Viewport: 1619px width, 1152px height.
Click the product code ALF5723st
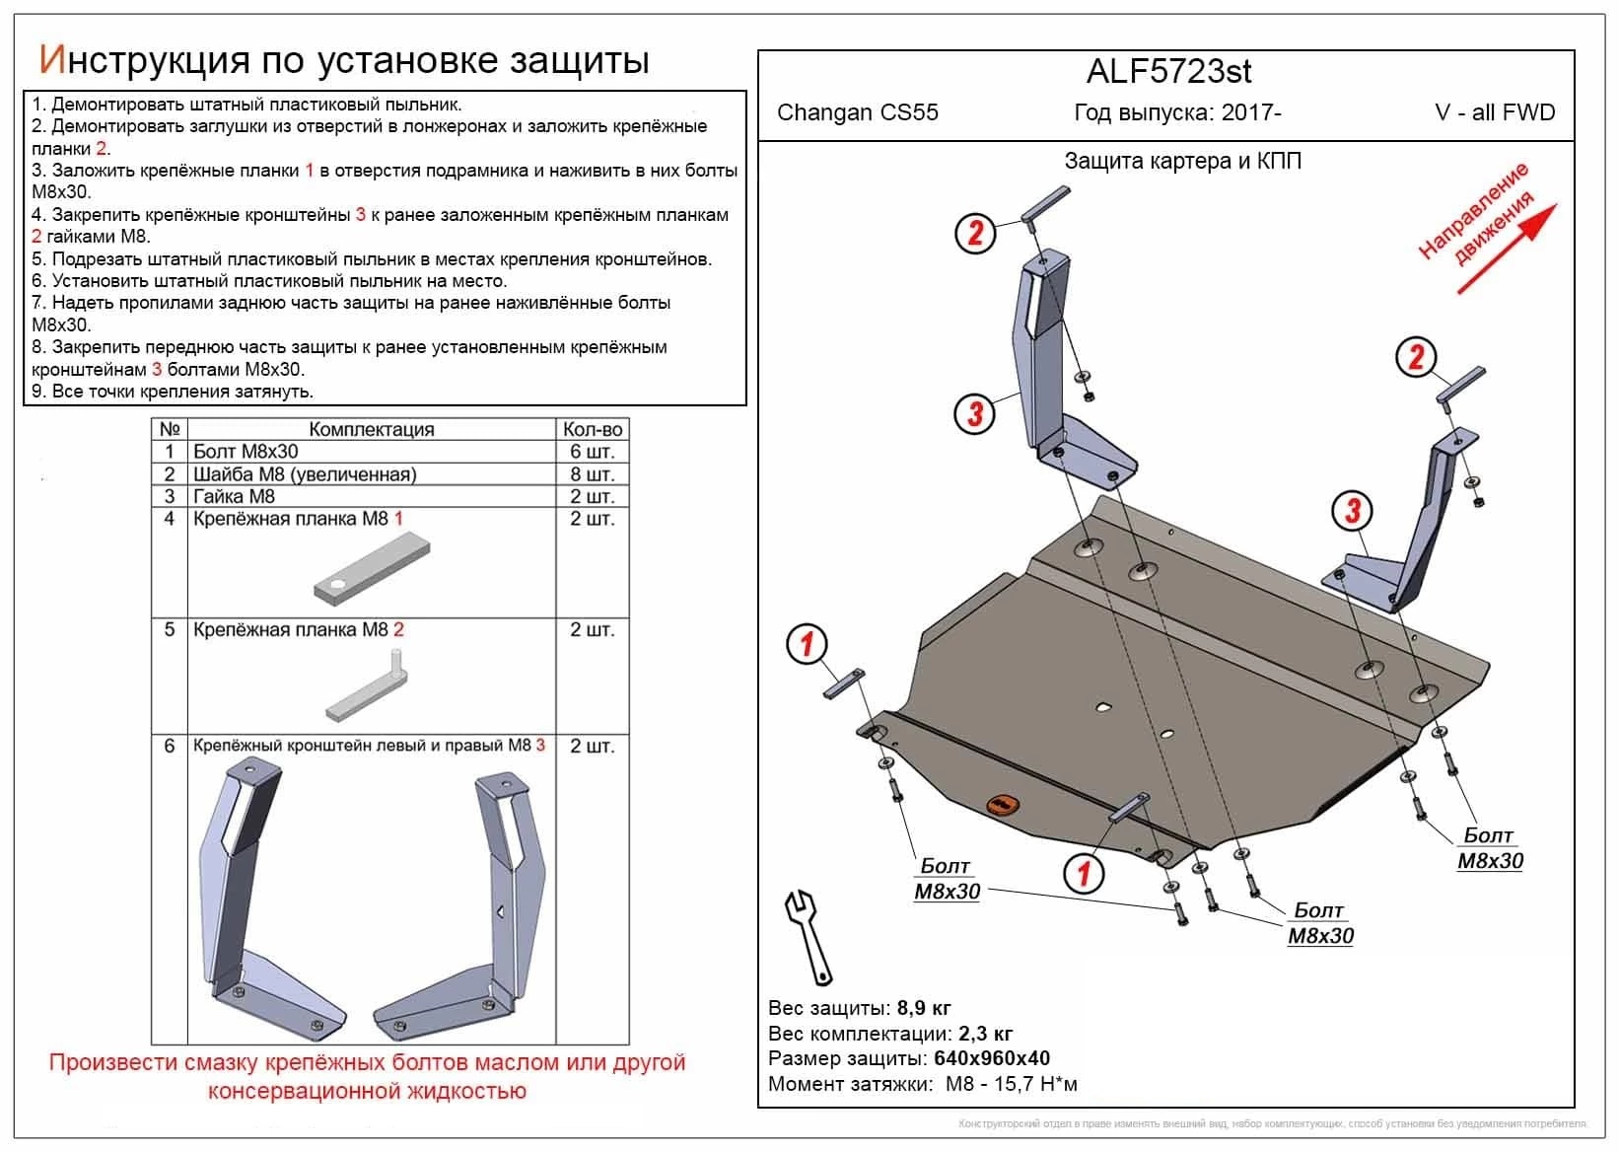tap(1168, 72)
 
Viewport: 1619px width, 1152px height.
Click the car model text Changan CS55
tap(857, 112)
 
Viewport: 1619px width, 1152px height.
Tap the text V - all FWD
tap(1494, 112)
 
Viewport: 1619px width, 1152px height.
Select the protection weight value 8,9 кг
tap(924, 1009)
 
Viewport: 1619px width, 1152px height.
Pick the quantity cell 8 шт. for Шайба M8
tap(592, 474)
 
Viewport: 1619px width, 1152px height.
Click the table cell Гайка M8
tap(235, 497)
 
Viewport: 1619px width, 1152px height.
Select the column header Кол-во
tap(592, 429)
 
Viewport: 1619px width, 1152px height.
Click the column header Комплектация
tap(371, 429)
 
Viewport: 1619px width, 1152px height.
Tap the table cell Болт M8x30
tap(246, 452)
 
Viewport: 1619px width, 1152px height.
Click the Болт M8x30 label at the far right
tap(1490, 848)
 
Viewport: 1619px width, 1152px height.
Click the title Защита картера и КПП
tap(1182, 161)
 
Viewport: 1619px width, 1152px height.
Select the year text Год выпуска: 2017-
tap(1177, 112)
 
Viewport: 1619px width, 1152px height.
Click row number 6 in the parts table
tap(170, 747)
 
